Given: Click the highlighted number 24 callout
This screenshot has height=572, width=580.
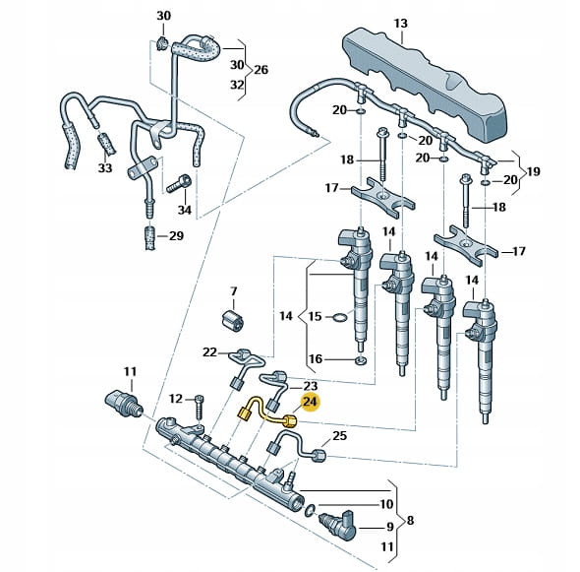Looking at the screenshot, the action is tap(311, 403).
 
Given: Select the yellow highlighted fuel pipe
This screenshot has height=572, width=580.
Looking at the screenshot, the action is tap(264, 413).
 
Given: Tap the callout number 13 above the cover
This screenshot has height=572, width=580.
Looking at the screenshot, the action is tap(401, 24).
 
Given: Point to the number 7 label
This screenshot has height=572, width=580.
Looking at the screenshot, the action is tap(234, 291).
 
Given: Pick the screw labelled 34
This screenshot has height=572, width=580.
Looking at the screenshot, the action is tap(179, 184).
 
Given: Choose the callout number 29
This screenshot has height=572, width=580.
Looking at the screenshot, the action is tap(176, 236).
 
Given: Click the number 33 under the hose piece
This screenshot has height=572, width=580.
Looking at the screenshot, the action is tap(105, 168).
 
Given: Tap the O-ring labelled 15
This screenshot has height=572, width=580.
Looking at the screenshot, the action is tap(340, 317).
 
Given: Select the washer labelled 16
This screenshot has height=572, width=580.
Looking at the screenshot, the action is tap(360, 360).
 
